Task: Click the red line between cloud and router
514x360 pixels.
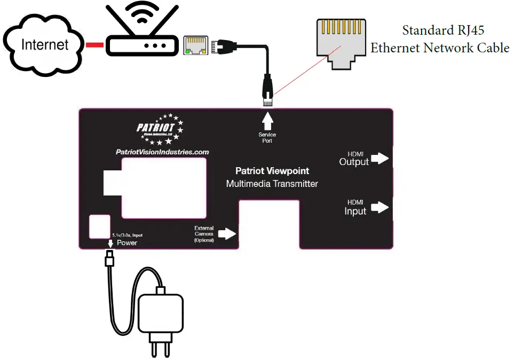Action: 94,45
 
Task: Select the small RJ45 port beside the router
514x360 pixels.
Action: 196,45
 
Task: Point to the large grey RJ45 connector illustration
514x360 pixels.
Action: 340,43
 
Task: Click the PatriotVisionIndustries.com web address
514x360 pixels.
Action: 162,152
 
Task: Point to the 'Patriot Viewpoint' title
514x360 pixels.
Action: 272,171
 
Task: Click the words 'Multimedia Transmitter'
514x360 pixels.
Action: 272,184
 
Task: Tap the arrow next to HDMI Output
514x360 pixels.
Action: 379,158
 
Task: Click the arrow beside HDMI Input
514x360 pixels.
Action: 379,207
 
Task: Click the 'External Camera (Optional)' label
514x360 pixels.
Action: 204,234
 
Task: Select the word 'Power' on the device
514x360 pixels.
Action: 127,242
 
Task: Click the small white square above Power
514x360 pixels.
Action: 99,226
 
